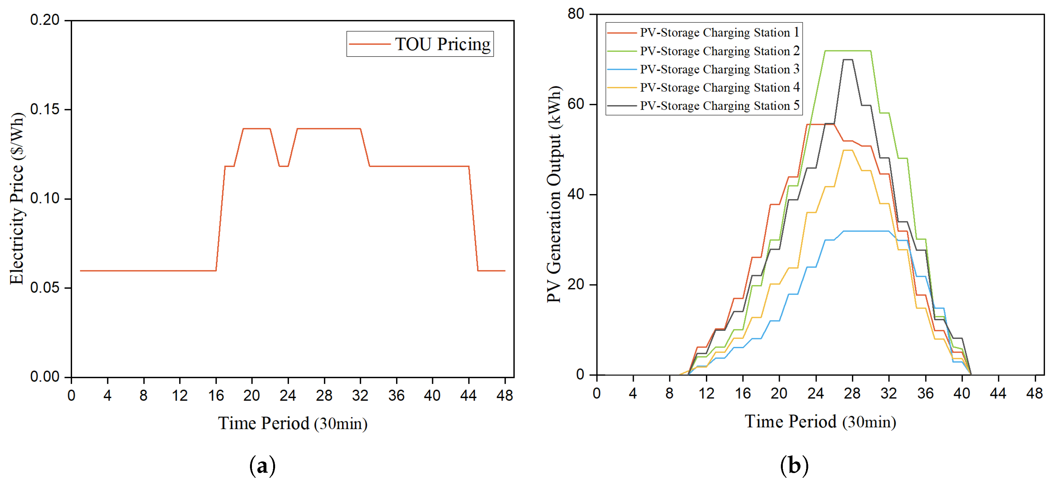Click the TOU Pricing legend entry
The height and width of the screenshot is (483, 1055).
click(x=420, y=44)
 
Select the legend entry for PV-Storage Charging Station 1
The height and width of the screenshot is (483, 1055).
click(x=703, y=33)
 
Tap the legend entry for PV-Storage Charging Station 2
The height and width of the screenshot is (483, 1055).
click(x=703, y=51)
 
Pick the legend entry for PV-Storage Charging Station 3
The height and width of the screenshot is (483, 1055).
click(x=703, y=69)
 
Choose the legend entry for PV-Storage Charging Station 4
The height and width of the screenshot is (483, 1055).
click(x=703, y=87)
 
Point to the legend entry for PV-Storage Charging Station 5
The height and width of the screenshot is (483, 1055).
click(x=703, y=106)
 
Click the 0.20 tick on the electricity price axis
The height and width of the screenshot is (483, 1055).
click(x=45, y=20)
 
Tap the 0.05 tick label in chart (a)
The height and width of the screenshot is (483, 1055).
click(x=45, y=288)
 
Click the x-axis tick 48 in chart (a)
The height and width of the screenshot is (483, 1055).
click(x=504, y=396)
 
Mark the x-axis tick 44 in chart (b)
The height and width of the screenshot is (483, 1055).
click(x=998, y=394)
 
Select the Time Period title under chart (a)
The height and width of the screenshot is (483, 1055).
click(x=293, y=423)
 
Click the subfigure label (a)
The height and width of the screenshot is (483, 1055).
click(x=263, y=466)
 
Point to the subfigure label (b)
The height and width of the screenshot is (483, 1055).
click(x=794, y=466)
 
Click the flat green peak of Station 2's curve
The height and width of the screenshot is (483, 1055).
click(x=848, y=51)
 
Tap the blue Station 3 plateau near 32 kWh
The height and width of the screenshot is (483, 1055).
click(x=866, y=231)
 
